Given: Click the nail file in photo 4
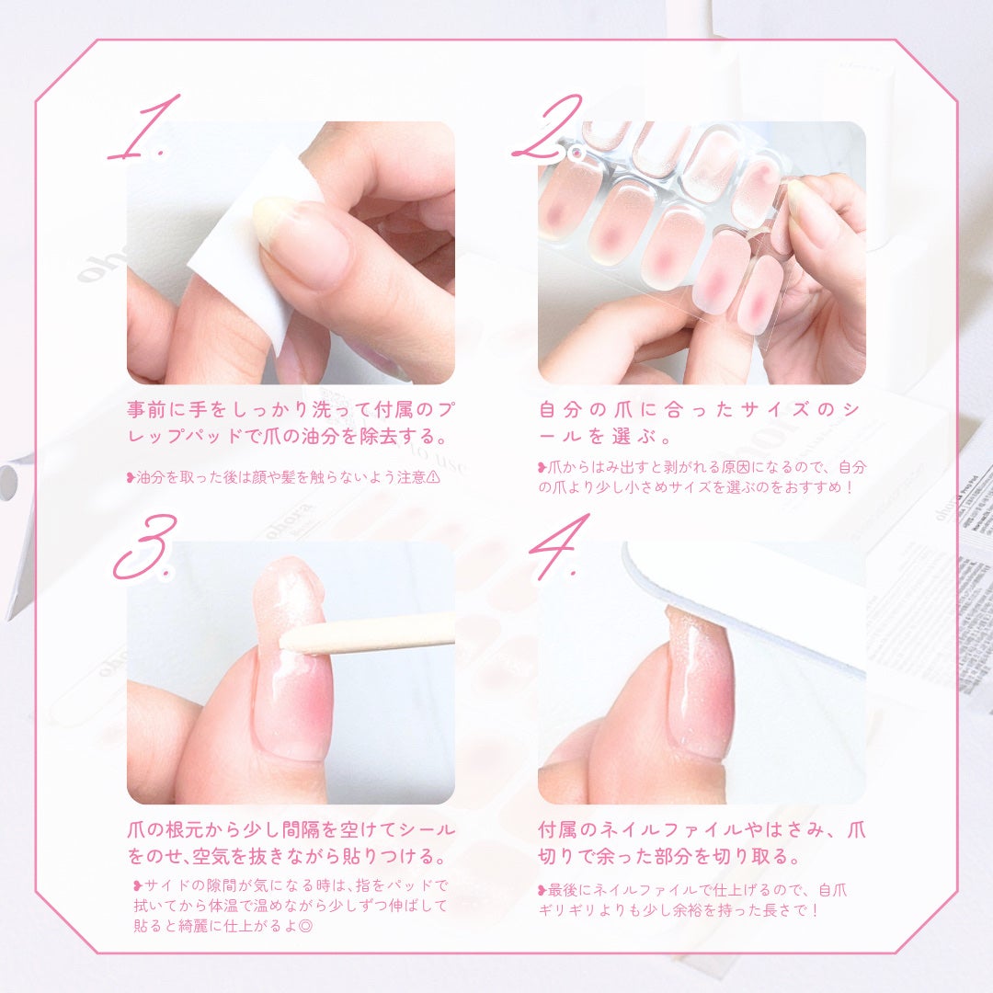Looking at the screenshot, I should coord(745,598).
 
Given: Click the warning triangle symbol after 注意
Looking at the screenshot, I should coord(435,477).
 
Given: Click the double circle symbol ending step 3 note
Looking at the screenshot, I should coord(305,925).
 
